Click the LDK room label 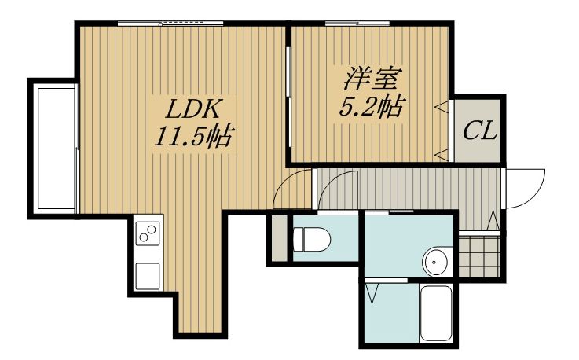click(x=192, y=108)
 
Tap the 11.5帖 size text click(x=193, y=136)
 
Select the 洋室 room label click(x=370, y=79)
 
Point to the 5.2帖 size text click(x=370, y=106)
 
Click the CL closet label click(x=479, y=130)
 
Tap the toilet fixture click(x=312, y=239)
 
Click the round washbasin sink click(x=437, y=262)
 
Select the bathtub click(x=436, y=314)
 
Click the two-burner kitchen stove click(x=148, y=233)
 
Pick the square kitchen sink click(x=148, y=276)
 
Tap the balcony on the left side click(x=55, y=148)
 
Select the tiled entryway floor click(x=479, y=255)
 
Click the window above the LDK click(x=170, y=24)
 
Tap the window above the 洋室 click(x=357, y=24)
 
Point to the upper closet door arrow click(x=442, y=106)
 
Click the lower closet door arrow click(x=442, y=154)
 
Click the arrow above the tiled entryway click(x=493, y=220)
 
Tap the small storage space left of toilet click(x=280, y=238)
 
